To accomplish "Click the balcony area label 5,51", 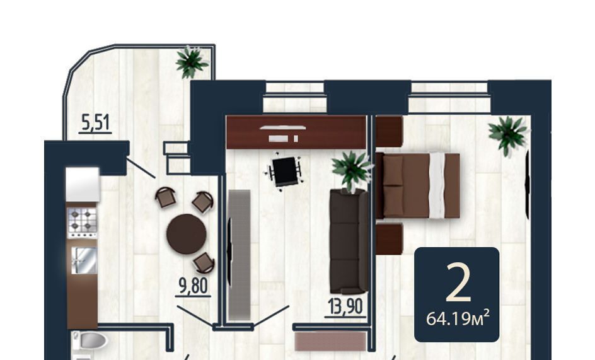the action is pyautogui.click(x=96, y=123).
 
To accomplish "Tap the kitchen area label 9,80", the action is pyautogui.click(x=193, y=286).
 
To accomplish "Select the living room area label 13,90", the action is pyautogui.click(x=345, y=306).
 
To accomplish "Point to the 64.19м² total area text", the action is pyautogui.click(x=458, y=318).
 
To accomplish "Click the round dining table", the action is pyautogui.click(x=187, y=234).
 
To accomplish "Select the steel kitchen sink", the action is pyautogui.click(x=84, y=260).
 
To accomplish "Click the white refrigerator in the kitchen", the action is pyautogui.click(x=83, y=184).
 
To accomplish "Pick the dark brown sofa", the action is pyautogui.click(x=349, y=241).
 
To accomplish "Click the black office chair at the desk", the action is pyautogui.click(x=285, y=171).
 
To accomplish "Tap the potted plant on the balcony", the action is pyautogui.click(x=191, y=62).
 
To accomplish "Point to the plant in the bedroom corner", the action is pyautogui.click(x=508, y=135).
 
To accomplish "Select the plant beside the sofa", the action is pyautogui.click(x=351, y=170).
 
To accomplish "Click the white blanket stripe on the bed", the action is pyautogui.click(x=437, y=185).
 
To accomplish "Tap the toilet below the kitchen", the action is pyautogui.click(x=91, y=340).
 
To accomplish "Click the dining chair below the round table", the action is pyautogui.click(x=204, y=263).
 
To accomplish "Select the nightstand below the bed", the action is pyautogui.click(x=388, y=239).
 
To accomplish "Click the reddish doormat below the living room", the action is pyautogui.click(x=330, y=341).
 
